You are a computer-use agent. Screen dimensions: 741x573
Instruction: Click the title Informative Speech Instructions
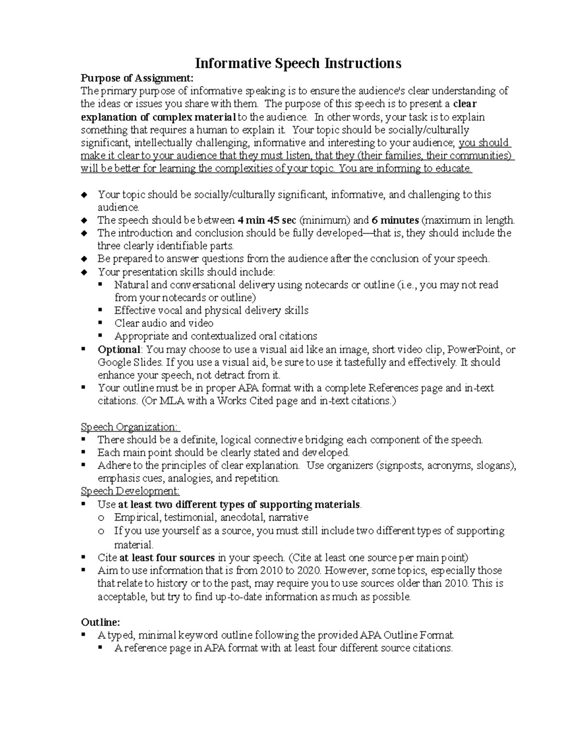tap(298, 63)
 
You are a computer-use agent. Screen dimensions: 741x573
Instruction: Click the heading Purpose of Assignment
tap(137, 78)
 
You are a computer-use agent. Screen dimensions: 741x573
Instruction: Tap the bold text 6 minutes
tap(395, 220)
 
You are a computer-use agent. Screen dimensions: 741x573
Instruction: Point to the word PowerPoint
tap(474, 349)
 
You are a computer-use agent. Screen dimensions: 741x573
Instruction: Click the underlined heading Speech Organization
tap(130, 427)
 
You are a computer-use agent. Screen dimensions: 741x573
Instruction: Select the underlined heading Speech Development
tap(130, 491)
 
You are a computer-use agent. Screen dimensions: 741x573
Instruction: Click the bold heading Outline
tap(100, 622)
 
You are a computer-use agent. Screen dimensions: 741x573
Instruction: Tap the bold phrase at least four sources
tap(167, 557)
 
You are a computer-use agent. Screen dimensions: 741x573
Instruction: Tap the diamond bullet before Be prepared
tap(85, 259)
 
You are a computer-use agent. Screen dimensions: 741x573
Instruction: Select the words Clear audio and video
tap(164, 323)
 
